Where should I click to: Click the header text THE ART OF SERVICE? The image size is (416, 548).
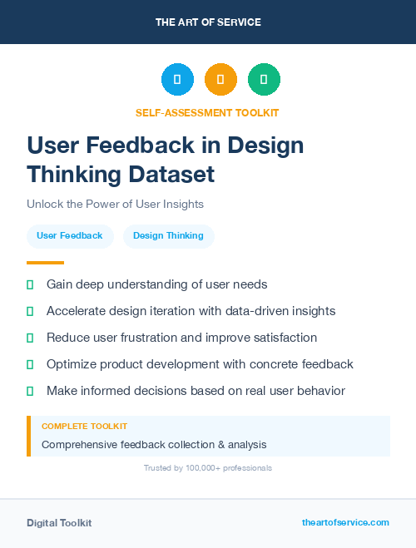(x=208, y=22)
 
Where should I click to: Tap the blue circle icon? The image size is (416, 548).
(x=177, y=80)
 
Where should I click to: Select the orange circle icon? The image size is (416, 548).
(x=220, y=80)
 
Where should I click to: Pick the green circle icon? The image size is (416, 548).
(x=264, y=80)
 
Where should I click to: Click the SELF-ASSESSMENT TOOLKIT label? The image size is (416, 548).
(x=207, y=112)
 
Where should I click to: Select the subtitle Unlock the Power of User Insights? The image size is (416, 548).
(x=115, y=204)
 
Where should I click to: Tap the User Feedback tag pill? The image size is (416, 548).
(x=70, y=236)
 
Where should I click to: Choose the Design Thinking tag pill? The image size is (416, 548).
(x=168, y=236)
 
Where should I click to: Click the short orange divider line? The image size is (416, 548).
(x=45, y=263)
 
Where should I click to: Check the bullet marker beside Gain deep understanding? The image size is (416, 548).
(x=30, y=285)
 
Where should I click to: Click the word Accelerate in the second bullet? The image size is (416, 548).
(x=76, y=311)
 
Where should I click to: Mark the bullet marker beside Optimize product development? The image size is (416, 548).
(x=30, y=364)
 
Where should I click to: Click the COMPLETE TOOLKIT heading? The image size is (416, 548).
(x=84, y=427)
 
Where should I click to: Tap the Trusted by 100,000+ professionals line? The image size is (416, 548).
(x=208, y=468)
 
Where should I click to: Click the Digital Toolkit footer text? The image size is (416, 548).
(x=59, y=523)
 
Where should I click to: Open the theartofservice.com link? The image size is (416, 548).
(x=345, y=522)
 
